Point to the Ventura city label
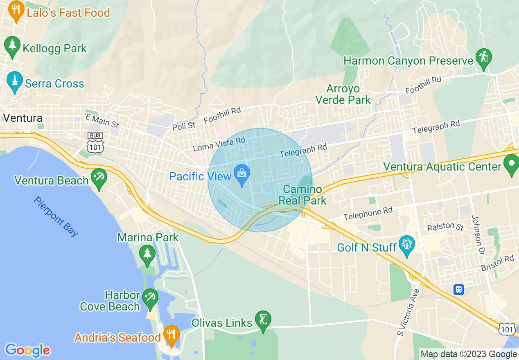23,118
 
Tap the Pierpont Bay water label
56,216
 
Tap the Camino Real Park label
302,195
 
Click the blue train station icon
459,289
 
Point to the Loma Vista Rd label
219,144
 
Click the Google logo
27,350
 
